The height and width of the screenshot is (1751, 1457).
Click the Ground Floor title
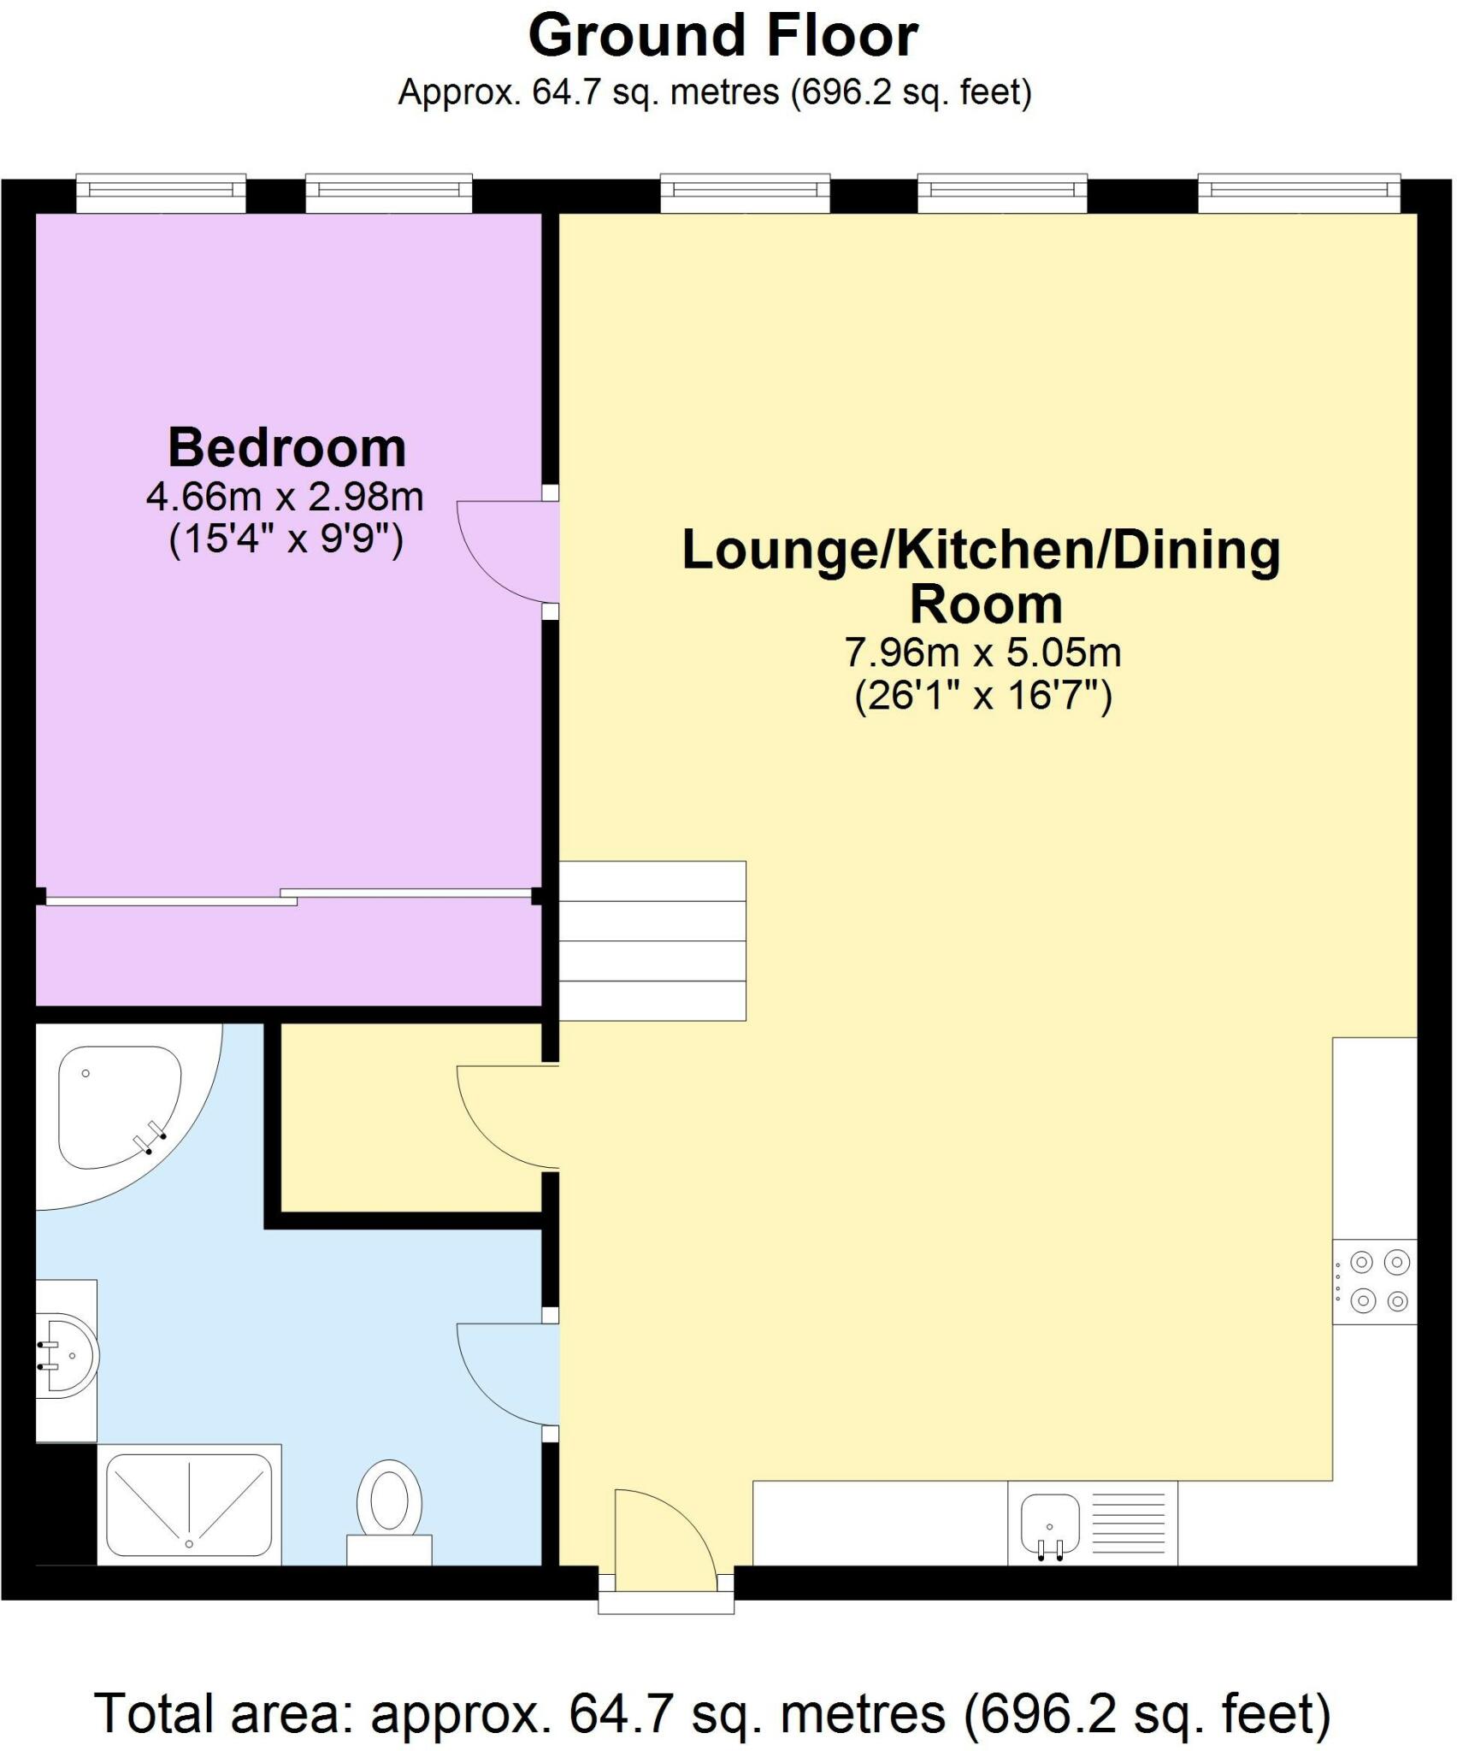[x=723, y=37]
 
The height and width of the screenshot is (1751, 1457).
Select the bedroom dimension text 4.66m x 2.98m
[x=285, y=497]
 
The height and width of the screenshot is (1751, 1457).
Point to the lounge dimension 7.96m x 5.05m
[x=983, y=652]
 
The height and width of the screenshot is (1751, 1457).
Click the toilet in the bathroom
[x=389, y=1512]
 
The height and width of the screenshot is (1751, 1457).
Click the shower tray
[x=189, y=1505]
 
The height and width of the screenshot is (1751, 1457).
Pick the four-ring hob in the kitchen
[x=1375, y=1282]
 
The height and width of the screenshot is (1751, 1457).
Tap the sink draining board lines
[x=1129, y=1524]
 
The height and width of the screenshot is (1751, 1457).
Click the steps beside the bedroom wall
[x=652, y=940]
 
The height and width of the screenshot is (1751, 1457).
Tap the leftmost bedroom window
[x=162, y=193]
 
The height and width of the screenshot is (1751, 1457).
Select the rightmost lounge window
[x=1300, y=193]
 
